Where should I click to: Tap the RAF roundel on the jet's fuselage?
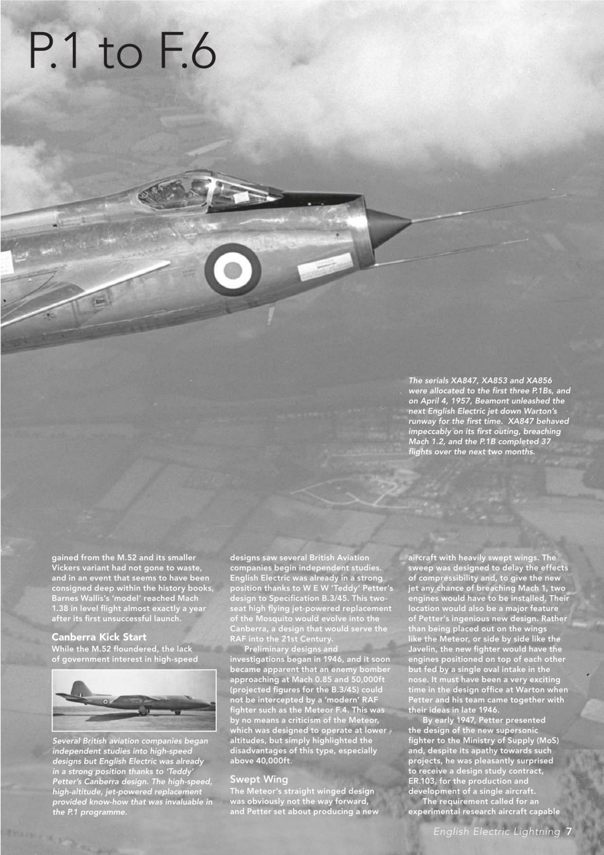232,269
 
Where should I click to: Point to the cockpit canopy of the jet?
207,192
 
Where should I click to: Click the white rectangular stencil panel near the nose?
324,267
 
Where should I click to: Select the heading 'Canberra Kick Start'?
99,637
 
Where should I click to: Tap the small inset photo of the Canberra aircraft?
134,699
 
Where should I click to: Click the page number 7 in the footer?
568,832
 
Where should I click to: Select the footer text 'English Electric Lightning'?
497,832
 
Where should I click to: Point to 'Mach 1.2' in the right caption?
430,442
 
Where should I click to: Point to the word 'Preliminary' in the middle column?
272,649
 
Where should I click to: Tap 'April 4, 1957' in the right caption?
449,401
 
